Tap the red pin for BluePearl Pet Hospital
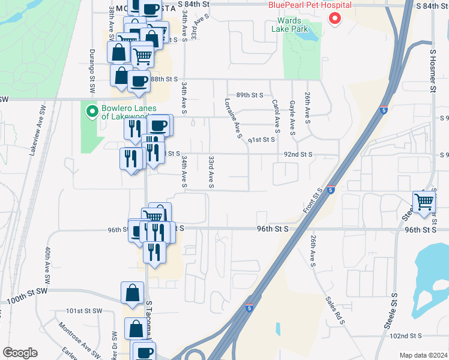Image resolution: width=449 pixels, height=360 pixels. click(x=334, y=18)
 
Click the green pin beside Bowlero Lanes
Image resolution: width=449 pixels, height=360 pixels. click(x=92, y=111)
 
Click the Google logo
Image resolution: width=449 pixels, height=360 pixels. click(x=20, y=352)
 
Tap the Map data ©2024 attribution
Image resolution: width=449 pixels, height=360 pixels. click(x=424, y=355)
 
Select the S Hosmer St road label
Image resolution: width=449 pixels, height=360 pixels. click(x=432, y=71)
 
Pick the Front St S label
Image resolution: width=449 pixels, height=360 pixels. click(x=313, y=200)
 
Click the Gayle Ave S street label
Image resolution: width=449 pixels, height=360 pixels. click(x=292, y=118)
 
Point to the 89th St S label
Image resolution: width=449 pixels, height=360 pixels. click(x=250, y=95)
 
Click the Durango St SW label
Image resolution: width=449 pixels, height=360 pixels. click(x=92, y=71)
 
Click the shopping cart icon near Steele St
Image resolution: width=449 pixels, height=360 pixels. click(x=424, y=202)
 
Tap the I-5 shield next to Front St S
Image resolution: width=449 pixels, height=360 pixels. click(x=331, y=190)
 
